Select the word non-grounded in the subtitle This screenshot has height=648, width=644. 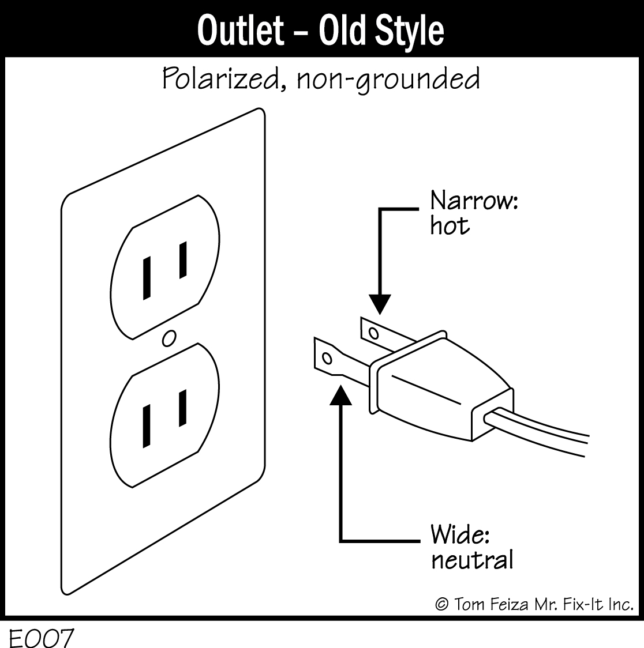388,80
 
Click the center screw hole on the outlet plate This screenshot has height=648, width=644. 169,338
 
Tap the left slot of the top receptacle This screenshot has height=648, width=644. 147,278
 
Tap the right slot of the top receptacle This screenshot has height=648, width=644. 183,260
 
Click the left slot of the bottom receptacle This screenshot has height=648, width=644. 147,426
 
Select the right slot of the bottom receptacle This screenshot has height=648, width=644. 183,408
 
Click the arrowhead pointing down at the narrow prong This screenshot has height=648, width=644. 379,304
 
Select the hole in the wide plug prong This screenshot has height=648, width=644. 327,359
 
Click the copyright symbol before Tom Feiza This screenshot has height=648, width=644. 441,604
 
